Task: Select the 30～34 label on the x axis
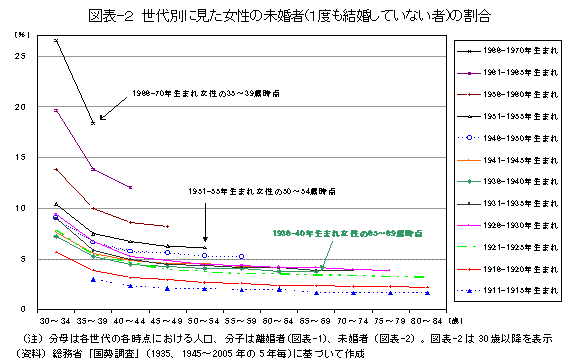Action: [x=55, y=321]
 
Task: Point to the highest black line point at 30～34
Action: [x=56, y=40]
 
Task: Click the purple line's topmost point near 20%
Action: [x=56, y=110]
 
